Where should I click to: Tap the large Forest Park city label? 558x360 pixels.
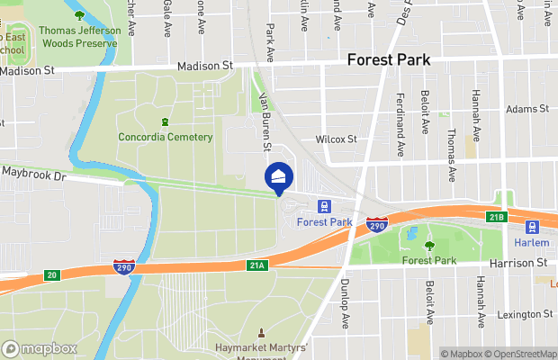[388, 61]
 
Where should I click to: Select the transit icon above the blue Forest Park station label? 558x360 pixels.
[324, 206]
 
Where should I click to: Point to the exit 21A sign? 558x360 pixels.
[257, 265]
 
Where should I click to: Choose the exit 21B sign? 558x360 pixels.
[498, 217]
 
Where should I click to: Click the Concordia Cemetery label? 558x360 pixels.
[166, 138]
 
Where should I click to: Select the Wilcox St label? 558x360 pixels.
[336, 139]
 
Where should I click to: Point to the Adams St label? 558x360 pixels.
[526, 109]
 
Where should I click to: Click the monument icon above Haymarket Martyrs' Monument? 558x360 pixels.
[262, 333]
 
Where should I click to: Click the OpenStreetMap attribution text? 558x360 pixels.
[521, 354]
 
